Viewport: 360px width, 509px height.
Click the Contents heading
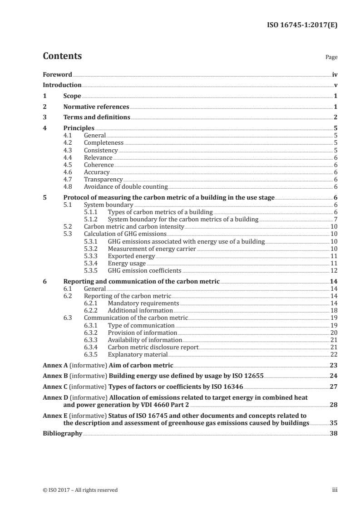click(62, 57)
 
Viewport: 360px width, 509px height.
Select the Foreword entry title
click(57, 74)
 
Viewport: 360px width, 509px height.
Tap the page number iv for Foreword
click(335, 74)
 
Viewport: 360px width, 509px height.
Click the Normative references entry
click(96, 107)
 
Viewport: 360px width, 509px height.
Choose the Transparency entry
click(104, 179)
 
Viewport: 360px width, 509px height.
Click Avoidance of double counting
click(126, 186)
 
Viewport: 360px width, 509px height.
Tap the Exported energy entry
click(131, 256)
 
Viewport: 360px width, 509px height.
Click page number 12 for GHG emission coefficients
click(333, 271)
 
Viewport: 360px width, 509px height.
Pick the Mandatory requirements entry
click(143, 303)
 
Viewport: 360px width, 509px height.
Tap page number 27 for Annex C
click(333, 387)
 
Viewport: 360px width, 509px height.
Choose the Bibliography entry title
click(62, 433)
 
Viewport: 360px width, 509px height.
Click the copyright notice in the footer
click(80, 490)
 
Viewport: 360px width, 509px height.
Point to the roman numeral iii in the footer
click(335, 490)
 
